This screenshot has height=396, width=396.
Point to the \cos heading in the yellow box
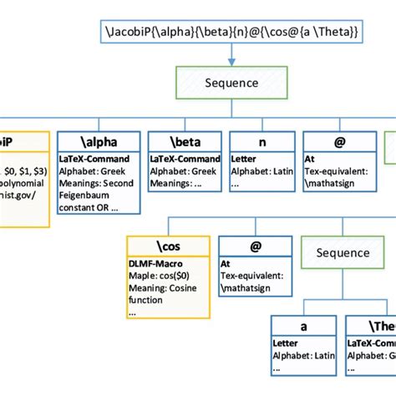tap(167, 247)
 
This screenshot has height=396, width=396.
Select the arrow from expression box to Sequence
tap(231, 56)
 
